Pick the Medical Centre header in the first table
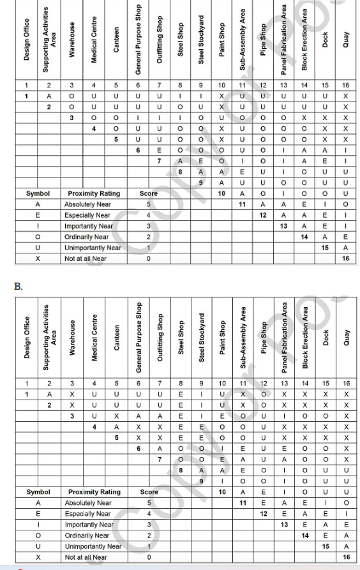pyautogui.click(x=94, y=40)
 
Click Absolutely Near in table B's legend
pyautogui.click(x=88, y=503)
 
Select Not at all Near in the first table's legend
pyautogui.click(x=86, y=259)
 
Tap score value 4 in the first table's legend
pyautogui.click(x=148, y=215)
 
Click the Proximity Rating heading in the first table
pyautogui.click(x=94, y=193)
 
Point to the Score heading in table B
pyautogui.click(x=148, y=492)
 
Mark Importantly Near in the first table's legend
pyautogui.click(x=88, y=226)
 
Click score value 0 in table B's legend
pyautogui.click(x=148, y=557)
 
